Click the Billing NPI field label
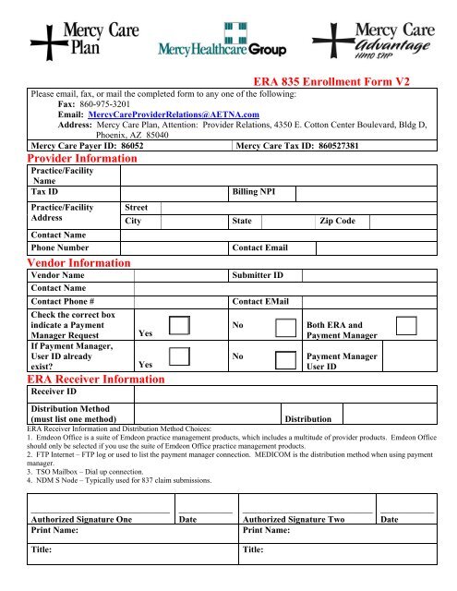point(263,192)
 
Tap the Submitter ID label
point(258,275)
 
